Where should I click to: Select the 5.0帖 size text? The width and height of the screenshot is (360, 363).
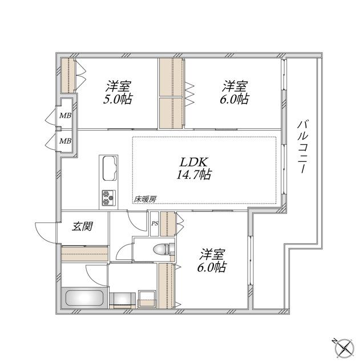117,99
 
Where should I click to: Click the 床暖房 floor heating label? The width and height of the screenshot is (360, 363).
145,199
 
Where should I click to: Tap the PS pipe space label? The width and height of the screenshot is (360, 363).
154,223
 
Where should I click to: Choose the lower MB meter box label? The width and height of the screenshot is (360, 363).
66,141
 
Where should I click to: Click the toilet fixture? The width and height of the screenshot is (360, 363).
162,248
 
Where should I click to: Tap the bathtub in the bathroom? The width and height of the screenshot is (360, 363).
84,299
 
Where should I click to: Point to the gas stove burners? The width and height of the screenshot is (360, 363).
108,197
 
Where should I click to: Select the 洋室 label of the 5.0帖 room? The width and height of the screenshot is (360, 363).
118,87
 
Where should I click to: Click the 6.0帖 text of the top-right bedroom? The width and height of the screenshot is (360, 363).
235,99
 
